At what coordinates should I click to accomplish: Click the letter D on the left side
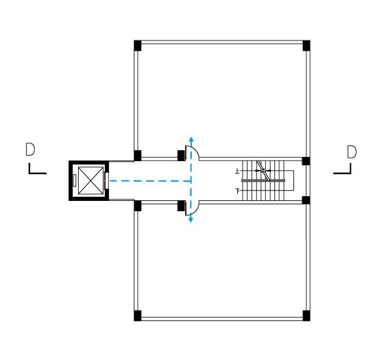(x=30, y=149)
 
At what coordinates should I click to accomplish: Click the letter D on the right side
(x=352, y=152)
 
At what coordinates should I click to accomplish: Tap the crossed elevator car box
(x=91, y=180)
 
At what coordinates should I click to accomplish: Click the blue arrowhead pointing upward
(x=191, y=139)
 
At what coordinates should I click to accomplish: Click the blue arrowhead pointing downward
(x=191, y=219)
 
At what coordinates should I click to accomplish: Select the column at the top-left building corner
(x=138, y=45)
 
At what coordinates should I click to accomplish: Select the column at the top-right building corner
(x=306, y=45)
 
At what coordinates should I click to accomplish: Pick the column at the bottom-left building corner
(x=138, y=315)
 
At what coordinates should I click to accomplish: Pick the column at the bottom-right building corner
(x=306, y=315)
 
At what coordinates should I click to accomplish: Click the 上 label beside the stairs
(x=238, y=171)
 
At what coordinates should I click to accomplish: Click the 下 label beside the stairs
(x=238, y=191)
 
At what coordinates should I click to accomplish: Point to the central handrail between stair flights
(x=263, y=180)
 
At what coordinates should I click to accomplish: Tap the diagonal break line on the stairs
(x=263, y=170)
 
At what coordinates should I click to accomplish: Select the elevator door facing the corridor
(x=106, y=180)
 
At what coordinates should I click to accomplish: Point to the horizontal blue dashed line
(x=150, y=181)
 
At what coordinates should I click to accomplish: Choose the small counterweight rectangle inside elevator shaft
(x=75, y=180)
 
